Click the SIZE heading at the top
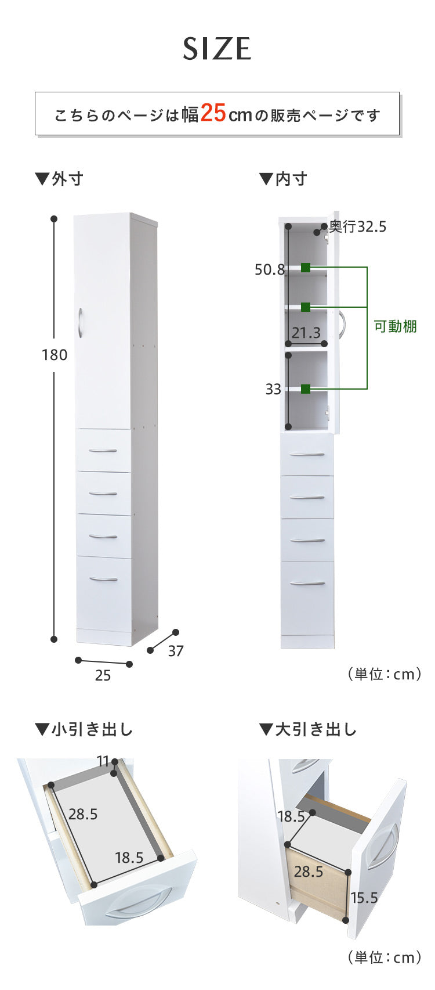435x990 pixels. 217,49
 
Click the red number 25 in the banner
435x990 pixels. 213,113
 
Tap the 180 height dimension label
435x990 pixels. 55,355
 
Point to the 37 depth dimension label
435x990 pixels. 176,651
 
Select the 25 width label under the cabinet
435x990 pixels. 103,675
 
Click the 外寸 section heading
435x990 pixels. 60,179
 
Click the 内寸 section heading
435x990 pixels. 284,179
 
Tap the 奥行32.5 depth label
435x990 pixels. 357,226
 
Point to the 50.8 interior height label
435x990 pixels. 270,269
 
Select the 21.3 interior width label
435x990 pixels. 306,333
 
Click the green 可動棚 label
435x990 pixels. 395,326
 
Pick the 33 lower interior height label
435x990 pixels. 273,389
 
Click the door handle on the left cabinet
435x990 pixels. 79,322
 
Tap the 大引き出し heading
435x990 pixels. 308,729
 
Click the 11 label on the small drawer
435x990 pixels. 103,761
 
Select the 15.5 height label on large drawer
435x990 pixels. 364,898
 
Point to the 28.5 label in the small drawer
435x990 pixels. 83,814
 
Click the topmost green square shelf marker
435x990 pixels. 306,268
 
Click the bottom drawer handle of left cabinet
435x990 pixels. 103,579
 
